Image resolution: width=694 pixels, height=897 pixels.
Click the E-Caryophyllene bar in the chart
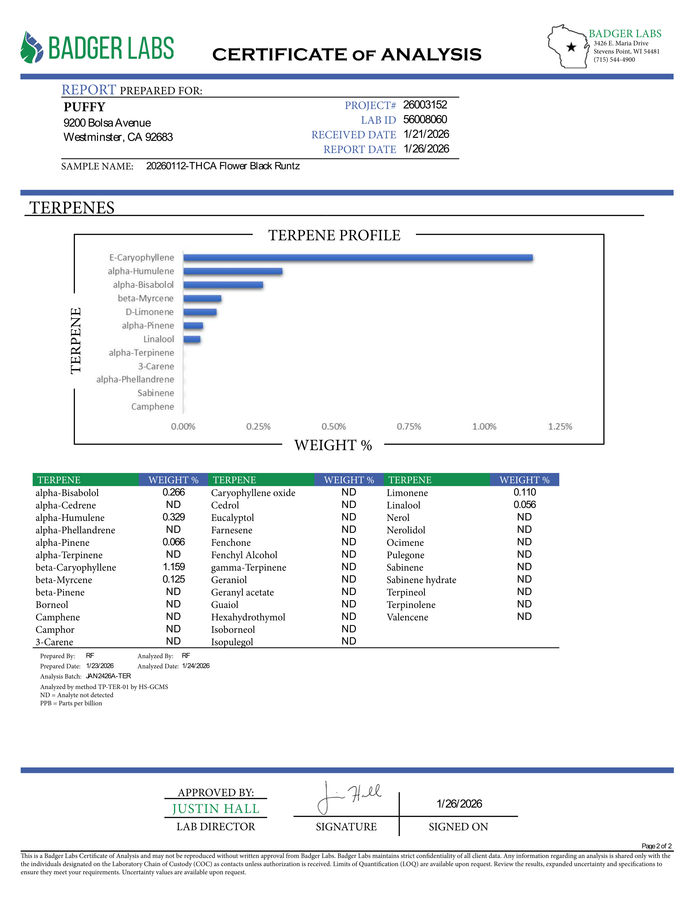click(x=358, y=257)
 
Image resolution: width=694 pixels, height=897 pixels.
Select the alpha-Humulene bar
click(x=233, y=271)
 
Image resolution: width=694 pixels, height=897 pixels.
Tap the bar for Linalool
click(x=192, y=339)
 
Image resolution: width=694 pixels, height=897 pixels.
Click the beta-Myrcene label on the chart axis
click(x=146, y=298)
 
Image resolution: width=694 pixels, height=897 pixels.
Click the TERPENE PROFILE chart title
click(x=334, y=235)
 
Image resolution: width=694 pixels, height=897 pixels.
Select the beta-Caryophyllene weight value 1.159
click(x=174, y=567)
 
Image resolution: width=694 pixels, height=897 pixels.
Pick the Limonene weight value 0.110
click(x=525, y=492)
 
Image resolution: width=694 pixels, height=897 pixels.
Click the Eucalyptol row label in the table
click(x=232, y=518)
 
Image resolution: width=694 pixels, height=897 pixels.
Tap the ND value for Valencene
click(x=524, y=616)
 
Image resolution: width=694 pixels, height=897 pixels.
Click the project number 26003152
click(x=425, y=105)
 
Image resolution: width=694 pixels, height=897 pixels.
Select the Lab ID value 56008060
click(x=425, y=120)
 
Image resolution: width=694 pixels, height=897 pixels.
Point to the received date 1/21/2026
click(x=426, y=134)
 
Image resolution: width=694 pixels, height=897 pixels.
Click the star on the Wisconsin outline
click(x=571, y=47)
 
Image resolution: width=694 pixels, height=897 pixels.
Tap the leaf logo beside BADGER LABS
click(x=32, y=48)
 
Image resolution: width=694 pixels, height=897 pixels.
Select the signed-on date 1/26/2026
click(x=459, y=804)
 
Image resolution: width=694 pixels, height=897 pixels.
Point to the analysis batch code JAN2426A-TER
click(x=109, y=676)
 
